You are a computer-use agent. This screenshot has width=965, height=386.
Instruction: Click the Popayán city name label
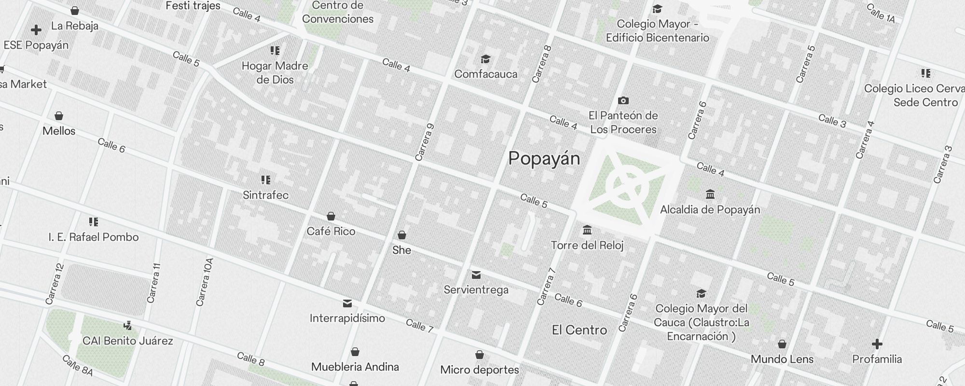click(544, 159)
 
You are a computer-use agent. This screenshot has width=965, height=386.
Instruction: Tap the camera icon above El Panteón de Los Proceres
click(623, 100)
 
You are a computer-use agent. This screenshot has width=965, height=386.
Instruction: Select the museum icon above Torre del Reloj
click(587, 230)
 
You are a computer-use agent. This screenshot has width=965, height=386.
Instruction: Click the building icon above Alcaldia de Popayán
click(710, 194)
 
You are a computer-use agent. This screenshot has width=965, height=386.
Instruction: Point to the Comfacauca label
click(485, 74)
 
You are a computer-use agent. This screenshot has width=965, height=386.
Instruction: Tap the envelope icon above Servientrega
click(476, 275)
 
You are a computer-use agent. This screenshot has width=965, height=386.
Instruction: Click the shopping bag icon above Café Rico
click(331, 216)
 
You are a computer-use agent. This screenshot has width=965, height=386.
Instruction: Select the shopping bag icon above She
click(401, 235)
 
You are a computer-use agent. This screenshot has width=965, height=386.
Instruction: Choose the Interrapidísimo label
click(347, 318)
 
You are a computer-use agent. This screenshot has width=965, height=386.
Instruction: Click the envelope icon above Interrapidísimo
click(347, 303)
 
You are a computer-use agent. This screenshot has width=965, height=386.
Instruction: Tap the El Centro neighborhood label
click(579, 330)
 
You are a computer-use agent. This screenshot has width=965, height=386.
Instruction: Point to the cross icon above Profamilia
click(877, 344)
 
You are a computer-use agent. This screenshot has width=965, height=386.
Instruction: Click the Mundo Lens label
click(782, 359)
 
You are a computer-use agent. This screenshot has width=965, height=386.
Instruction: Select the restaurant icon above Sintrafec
click(265, 180)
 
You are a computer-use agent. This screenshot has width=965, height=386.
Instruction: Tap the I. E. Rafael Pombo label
click(94, 237)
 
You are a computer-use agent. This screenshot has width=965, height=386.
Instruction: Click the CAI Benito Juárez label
click(127, 341)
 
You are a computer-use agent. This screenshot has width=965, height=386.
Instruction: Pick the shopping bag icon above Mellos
click(59, 116)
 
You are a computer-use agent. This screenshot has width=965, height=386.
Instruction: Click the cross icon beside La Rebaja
click(36, 30)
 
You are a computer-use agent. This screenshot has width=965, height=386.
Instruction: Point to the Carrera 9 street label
click(425, 142)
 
